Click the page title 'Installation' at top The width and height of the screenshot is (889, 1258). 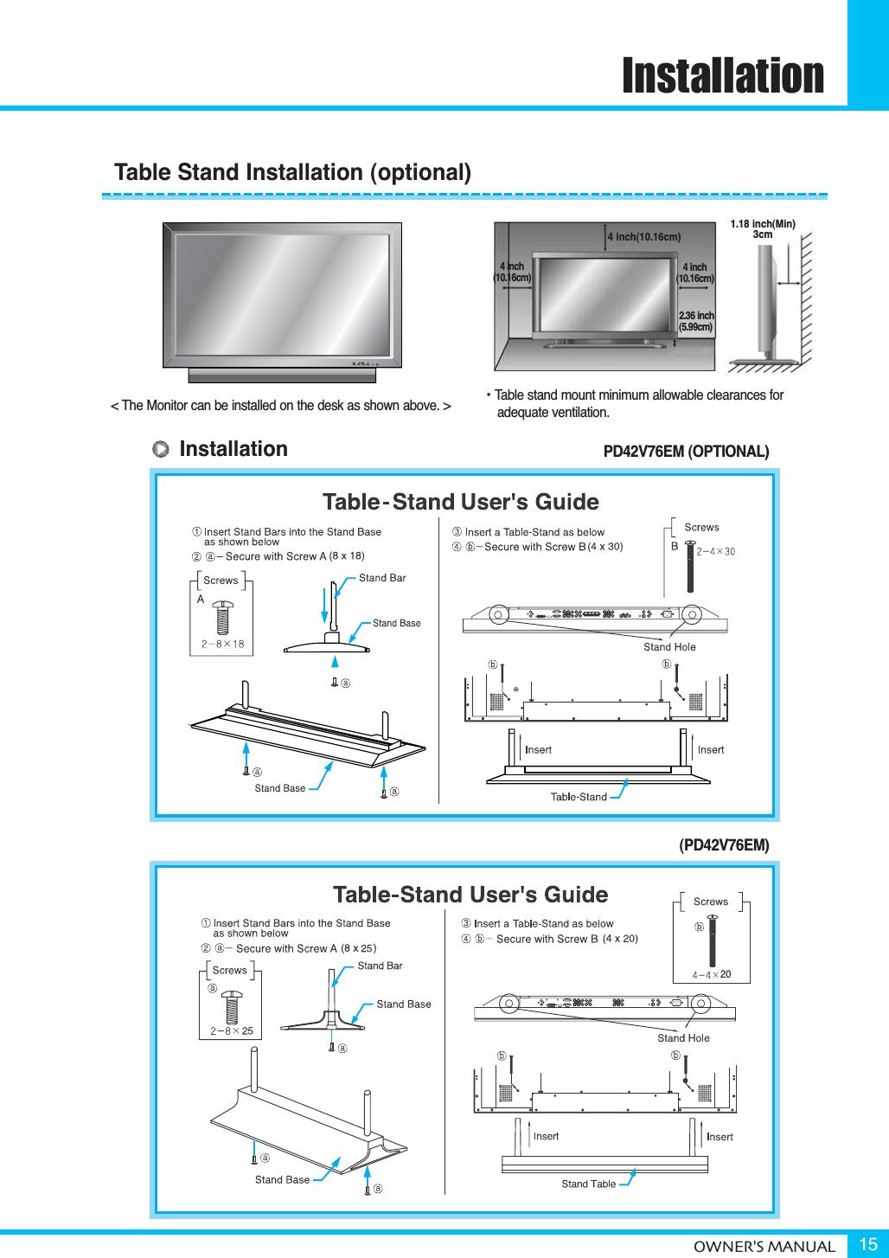723,76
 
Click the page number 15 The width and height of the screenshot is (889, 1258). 867,1244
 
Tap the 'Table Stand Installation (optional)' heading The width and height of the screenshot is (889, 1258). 292,172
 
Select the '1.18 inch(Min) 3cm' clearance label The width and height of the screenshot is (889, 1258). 762,229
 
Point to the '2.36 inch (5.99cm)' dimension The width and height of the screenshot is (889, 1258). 695,322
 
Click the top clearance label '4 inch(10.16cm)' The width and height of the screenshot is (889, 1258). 643,236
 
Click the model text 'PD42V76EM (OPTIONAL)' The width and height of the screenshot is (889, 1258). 686,452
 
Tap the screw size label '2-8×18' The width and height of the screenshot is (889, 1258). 222,644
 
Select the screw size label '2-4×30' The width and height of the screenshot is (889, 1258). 716,551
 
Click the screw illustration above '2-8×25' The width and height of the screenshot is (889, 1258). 232,1006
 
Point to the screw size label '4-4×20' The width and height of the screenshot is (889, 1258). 711,974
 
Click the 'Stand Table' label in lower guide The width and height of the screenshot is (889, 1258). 588,1184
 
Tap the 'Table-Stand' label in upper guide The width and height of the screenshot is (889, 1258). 579,797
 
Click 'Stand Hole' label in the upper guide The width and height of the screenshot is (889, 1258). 669,647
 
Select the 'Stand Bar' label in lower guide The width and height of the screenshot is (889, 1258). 380,966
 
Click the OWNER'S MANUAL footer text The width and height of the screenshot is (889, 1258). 764,1246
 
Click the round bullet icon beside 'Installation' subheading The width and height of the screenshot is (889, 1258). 161,449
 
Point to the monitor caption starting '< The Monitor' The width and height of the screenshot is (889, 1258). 280,406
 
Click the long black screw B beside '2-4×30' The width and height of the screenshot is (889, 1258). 690,567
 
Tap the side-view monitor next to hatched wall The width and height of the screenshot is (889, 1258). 765,298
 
